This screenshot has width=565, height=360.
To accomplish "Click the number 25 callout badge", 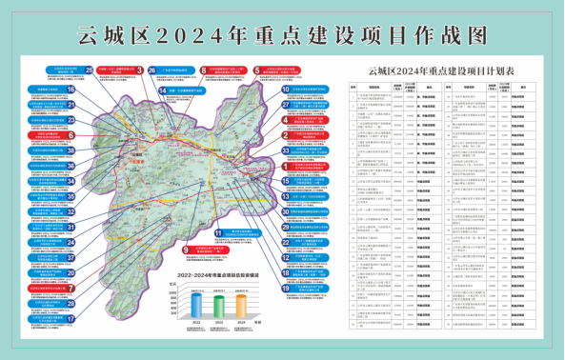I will coord(89,70).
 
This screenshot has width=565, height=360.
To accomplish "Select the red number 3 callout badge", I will coord(139,70).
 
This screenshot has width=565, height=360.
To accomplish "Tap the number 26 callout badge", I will coord(151,82).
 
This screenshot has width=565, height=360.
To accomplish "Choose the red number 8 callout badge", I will coord(204,70).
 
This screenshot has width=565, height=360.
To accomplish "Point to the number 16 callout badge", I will coord(71,90).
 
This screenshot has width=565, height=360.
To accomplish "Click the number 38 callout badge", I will coord(71,165).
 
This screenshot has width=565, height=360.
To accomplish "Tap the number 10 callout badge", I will coord(285,90).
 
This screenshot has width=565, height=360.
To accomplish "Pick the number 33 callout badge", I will coord(285,150).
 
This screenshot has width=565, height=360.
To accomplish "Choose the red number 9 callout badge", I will coord(184,250).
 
